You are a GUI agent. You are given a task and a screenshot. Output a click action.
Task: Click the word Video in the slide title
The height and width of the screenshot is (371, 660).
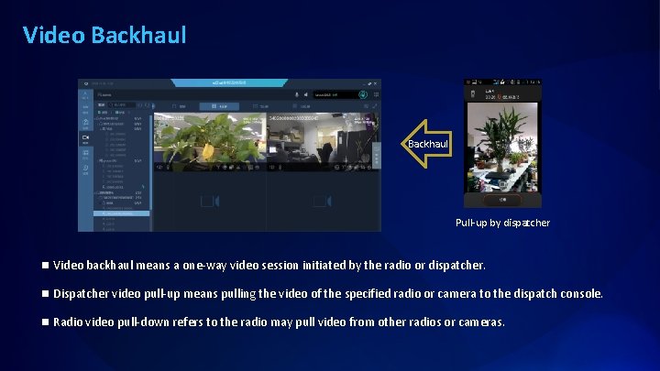click(x=54, y=35)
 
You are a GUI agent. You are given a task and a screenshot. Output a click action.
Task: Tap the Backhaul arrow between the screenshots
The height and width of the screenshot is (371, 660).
click(x=426, y=144)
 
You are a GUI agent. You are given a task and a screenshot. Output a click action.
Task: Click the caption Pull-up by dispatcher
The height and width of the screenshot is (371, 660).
click(x=503, y=223)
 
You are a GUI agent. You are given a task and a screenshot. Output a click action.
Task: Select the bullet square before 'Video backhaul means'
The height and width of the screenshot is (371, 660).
click(x=44, y=266)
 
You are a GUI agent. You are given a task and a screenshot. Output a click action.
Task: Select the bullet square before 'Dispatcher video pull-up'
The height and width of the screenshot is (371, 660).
click(x=44, y=294)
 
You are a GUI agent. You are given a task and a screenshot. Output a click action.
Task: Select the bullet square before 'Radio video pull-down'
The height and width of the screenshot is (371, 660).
click(x=44, y=322)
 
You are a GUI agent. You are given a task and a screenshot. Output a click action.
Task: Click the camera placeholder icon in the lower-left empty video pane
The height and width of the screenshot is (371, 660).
click(x=209, y=202)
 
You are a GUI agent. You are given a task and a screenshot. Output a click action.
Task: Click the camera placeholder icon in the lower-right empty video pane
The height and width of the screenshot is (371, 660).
click(x=323, y=202)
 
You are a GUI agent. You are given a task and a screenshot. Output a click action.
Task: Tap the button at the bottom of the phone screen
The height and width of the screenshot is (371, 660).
click(x=501, y=198)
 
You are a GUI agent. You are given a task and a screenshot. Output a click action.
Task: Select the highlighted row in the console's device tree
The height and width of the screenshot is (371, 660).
click(x=120, y=213)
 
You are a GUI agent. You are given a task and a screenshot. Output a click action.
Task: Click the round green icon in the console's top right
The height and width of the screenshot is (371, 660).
click(x=364, y=93)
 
